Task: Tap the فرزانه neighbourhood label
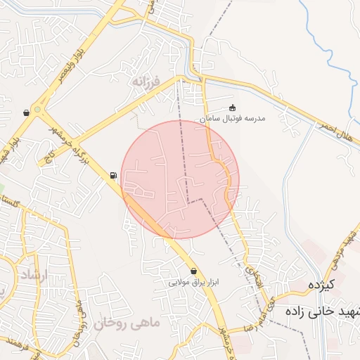146,82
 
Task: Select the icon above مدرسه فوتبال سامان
233,108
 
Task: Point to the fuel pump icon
113,175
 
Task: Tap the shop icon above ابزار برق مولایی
193,271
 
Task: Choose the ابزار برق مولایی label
194,282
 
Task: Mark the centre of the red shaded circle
180,179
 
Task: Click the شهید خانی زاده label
323,310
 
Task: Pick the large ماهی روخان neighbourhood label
127,323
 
